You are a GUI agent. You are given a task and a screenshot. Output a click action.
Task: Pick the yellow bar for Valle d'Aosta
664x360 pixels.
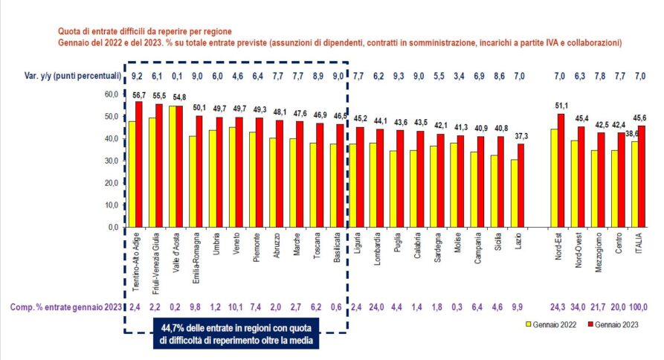(x=173, y=167)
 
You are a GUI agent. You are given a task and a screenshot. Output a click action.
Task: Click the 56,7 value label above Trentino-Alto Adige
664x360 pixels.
(x=138, y=94)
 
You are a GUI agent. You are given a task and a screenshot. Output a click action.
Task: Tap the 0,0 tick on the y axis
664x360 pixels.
(x=112, y=227)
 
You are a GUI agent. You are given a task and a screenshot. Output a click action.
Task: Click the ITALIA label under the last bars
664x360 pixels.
(x=639, y=246)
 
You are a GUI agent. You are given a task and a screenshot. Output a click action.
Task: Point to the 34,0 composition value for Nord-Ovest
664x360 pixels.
(x=577, y=306)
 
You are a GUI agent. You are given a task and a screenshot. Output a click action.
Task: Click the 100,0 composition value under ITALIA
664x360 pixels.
(x=639, y=306)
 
